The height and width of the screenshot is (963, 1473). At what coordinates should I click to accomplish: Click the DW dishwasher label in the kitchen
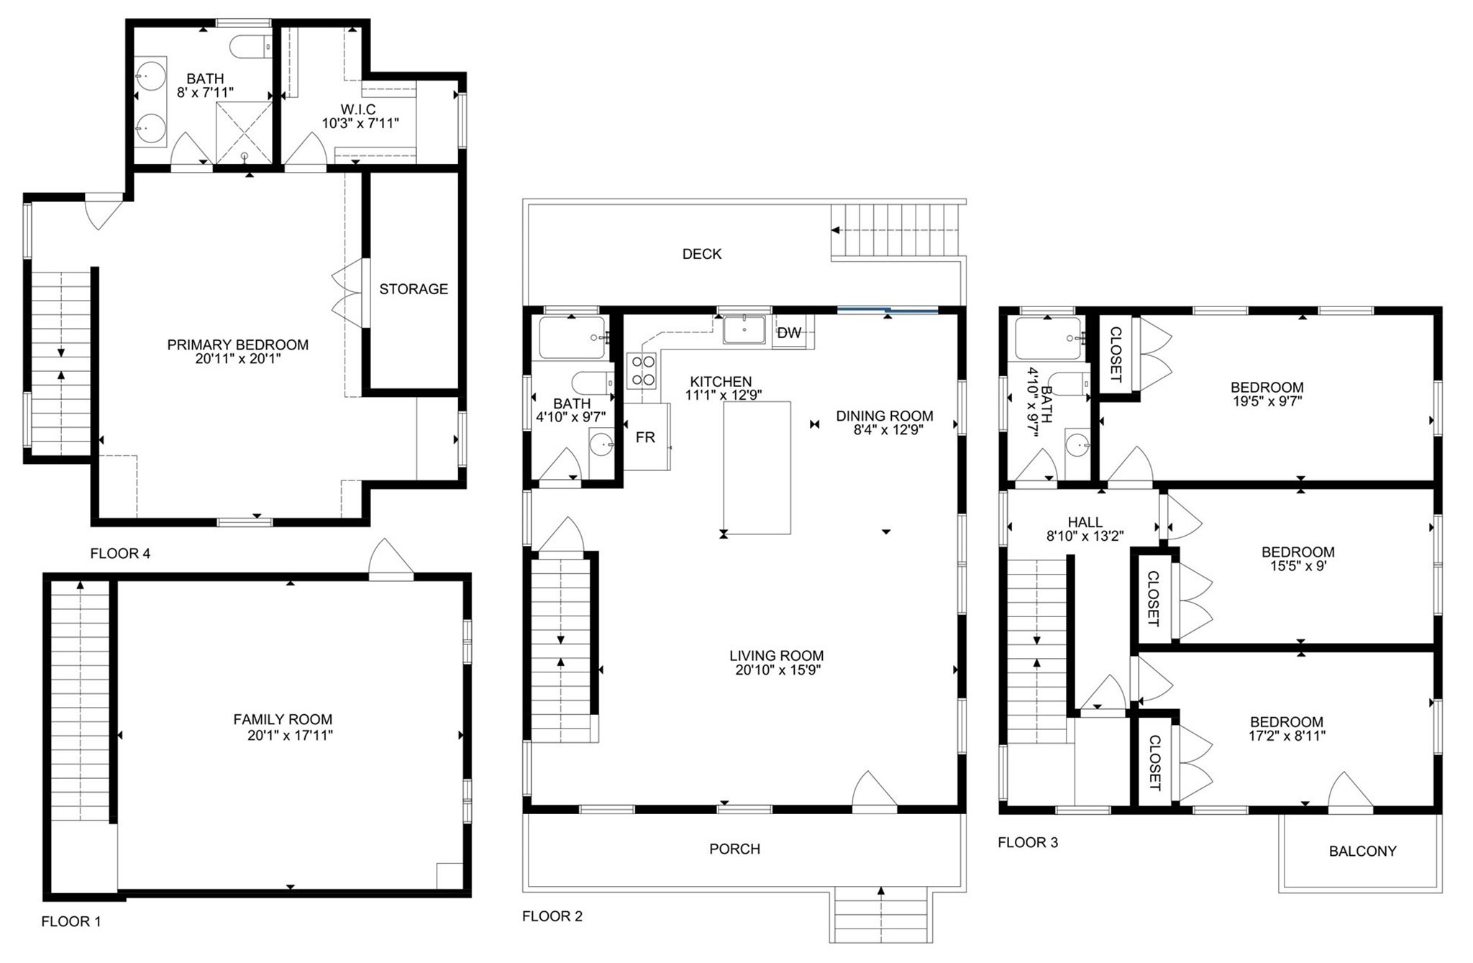click(789, 333)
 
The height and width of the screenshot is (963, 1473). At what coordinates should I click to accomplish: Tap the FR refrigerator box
click(645, 437)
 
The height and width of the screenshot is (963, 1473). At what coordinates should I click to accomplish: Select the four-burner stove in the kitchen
click(643, 370)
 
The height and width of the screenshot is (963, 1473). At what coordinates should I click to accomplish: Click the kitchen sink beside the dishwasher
click(744, 329)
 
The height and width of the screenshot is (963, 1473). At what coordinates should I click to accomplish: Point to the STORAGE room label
click(414, 289)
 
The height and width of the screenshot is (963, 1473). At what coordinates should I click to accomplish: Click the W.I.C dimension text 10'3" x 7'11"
click(360, 124)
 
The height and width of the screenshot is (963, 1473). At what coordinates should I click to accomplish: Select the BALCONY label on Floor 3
click(1362, 852)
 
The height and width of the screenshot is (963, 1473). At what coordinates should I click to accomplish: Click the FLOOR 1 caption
click(71, 921)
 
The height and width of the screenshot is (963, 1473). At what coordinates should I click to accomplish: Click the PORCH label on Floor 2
click(734, 849)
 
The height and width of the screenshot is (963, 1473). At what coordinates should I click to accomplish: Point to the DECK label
click(701, 254)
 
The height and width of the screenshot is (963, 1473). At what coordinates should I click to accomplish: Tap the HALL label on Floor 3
click(1085, 522)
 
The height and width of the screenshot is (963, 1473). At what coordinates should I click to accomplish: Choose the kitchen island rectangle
click(757, 467)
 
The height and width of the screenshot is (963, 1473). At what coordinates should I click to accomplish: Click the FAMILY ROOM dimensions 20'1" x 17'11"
click(285, 736)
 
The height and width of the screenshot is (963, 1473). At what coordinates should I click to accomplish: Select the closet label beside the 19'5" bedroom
click(1116, 355)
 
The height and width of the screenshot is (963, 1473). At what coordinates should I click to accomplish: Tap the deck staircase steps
click(895, 230)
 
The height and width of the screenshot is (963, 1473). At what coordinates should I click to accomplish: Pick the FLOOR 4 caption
click(120, 554)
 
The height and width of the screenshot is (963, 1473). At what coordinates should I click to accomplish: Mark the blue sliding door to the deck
click(888, 311)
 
